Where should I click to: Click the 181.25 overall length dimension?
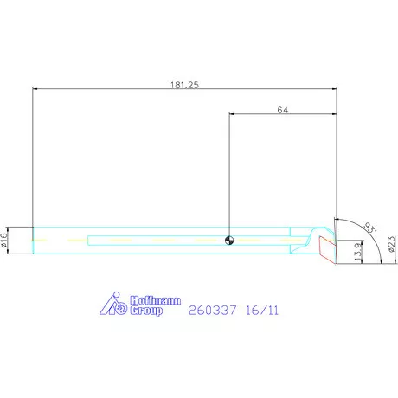[184, 85]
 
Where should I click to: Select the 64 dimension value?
[282, 110]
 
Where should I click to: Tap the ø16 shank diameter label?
[3, 240]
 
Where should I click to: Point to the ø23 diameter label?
[392, 244]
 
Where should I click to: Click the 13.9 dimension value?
[357, 252]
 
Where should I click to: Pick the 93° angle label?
[370, 228]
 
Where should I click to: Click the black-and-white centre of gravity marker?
[229, 241]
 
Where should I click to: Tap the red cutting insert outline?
[327, 249]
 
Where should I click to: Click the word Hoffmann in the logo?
[155, 300]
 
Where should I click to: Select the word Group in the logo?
[146, 311]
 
